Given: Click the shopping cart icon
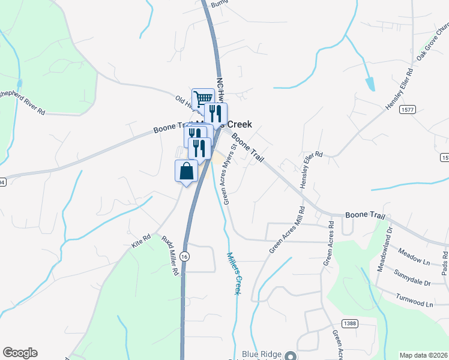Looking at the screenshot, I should (203, 98).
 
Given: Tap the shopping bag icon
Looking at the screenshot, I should (186, 171).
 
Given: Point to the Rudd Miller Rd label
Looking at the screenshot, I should (170, 255).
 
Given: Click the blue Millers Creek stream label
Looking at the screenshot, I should (234, 273).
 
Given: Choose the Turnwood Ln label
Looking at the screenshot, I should (414, 300).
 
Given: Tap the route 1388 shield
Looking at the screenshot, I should (350, 323).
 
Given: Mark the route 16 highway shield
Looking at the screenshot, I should (186, 256).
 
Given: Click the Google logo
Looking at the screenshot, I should (20, 353).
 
